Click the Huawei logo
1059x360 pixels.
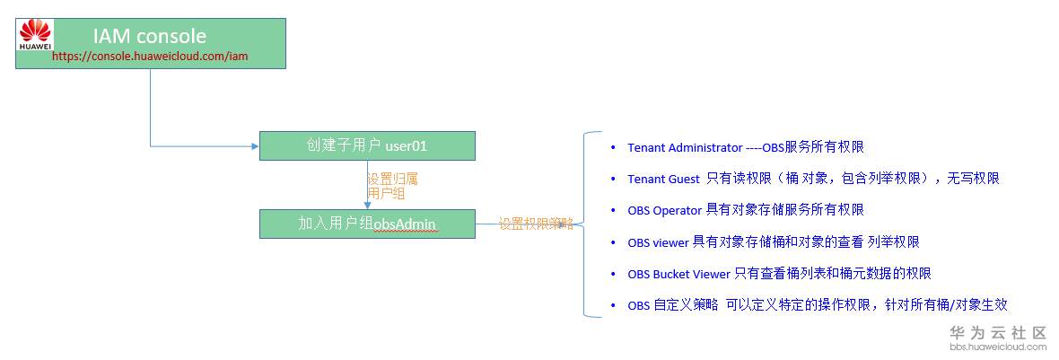(x=35, y=35)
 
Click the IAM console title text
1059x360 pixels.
(x=150, y=35)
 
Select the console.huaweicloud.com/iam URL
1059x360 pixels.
(x=150, y=57)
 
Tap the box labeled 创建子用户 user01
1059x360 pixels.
(x=367, y=145)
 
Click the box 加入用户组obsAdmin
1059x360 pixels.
(x=367, y=224)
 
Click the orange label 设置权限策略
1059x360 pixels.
(x=536, y=224)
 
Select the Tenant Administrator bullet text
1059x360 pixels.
(x=746, y=147)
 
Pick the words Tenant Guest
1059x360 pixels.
(x=663, y=179)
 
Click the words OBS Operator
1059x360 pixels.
(x=665, y=210)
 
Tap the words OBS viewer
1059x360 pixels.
(x=658, y=241)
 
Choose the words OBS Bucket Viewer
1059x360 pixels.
(x=678, y=274)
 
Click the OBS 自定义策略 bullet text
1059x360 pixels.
(x=818, y=305)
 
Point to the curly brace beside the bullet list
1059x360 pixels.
(x=585, y=224)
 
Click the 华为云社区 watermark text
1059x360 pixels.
(x=998, y=332)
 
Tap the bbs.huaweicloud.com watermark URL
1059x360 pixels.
(x=998, y=347)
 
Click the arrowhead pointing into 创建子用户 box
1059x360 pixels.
(x=255, y=146)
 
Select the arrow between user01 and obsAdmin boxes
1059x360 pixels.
(x=367, y=185)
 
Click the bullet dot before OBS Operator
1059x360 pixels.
(x=613, y=211)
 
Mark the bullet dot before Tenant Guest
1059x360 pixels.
(x=613, y=179)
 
